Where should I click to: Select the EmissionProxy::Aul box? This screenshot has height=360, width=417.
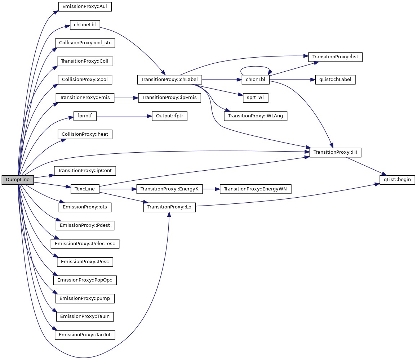pyautogui.click(x=85, y=6)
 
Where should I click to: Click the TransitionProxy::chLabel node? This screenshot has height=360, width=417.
pyautogui.click(x=170, y=80)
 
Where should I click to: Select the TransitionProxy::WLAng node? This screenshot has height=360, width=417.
pyautogui.click(x=256, y=116)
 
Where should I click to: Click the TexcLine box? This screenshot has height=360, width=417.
pyautogui.click(x=85, y=189)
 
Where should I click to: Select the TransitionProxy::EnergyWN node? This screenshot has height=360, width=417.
pyautogui.click(x=256, y=189)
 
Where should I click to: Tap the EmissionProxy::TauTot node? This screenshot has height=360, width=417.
pyautogui.click(x=85, y=335)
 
